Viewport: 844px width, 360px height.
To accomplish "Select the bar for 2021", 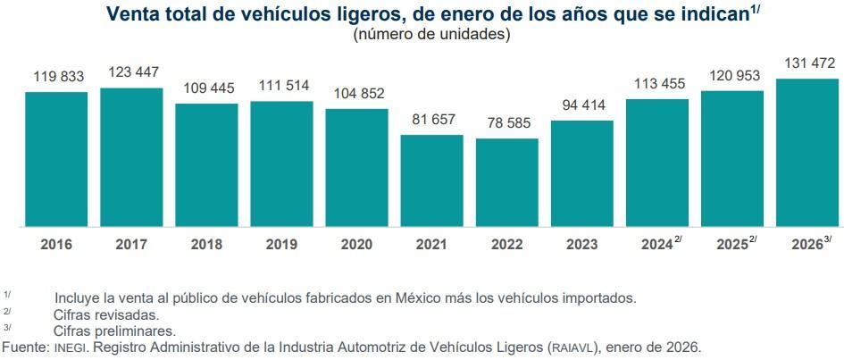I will [431, 180].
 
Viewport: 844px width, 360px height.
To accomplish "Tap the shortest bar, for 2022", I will [506, 182].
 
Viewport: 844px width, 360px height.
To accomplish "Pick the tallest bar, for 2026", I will [807, 153].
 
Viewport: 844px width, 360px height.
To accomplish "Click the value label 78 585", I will [506, 121].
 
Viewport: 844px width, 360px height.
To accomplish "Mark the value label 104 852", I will [356, 93].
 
